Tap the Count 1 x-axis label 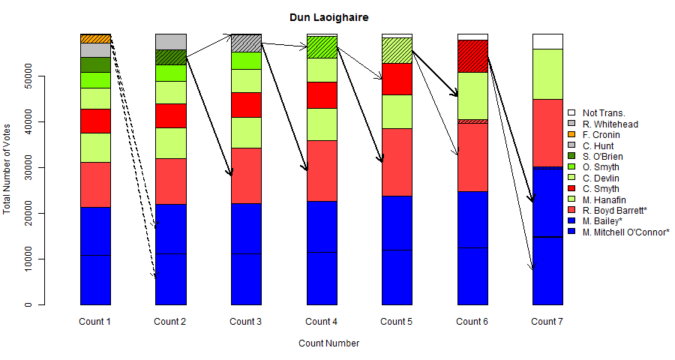[x=95, y=322]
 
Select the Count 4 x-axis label [x=321, y=322]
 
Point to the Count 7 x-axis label [x=547, y=322]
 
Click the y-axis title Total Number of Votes [x=7, y=169]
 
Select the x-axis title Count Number [x=328, y=343]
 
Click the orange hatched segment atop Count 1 [x=95, y=38]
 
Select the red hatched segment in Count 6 [x=472, y=55]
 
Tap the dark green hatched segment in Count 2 [x=170, y=57]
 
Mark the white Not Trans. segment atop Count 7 [x=547, y=41]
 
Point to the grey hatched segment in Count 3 [x=246, y=43]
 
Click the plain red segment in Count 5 [x=397, y=79]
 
